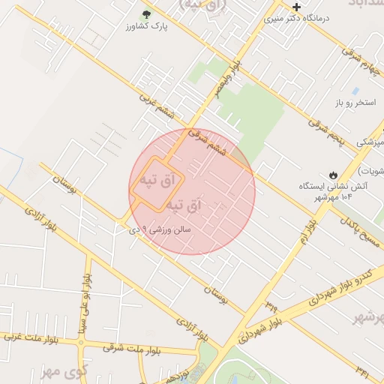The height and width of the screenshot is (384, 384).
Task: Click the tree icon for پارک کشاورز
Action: pyautogui.click(x=146, y=14)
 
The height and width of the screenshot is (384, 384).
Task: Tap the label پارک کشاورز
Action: pyautogui.click(x=146, y=27)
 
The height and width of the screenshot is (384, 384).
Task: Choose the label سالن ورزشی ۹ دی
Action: pyautogui.click(x=167, y=229)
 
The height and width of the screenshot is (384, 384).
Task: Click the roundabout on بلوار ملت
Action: pyautogui.click(x=83, y=343)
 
